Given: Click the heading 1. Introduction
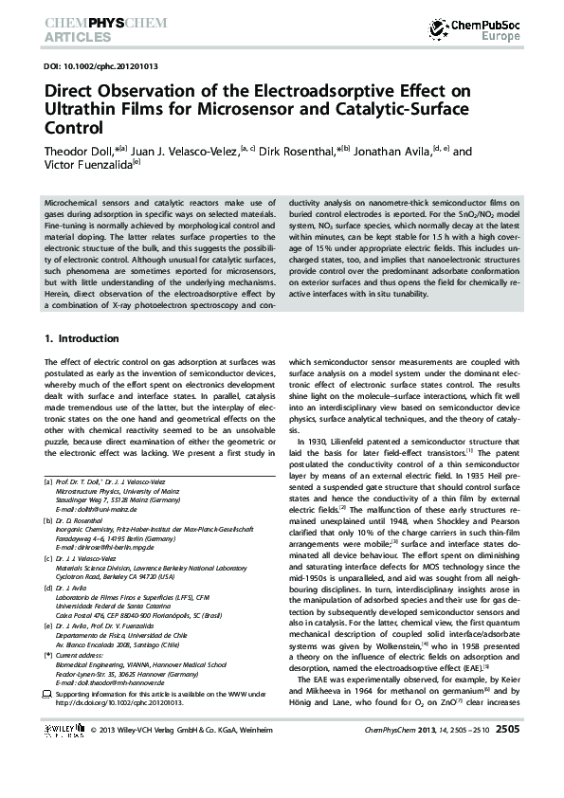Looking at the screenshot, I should (x=82, y=338).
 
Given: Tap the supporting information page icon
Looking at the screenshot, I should (x=48, y=696).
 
